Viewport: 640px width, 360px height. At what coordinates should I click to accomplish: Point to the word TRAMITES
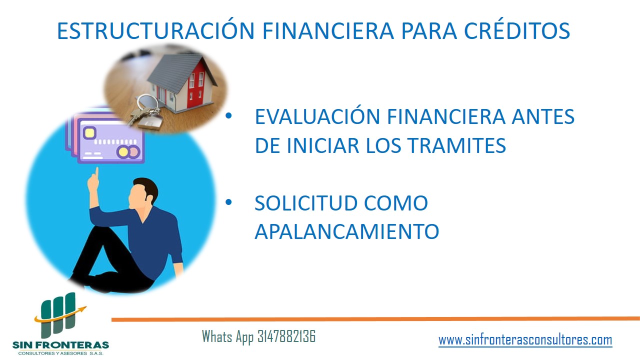456,145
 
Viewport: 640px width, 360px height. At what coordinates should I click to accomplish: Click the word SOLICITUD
305,203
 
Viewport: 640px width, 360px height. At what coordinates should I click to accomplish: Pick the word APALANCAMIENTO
346,231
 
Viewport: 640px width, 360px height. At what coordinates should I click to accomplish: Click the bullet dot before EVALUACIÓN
228,115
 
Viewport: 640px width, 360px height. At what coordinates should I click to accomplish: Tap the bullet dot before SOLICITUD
228,202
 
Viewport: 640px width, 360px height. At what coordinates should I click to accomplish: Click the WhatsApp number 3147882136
286,336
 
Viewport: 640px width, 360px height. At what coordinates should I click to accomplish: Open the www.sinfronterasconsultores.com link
525,340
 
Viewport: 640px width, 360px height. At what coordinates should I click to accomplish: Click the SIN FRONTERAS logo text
60,344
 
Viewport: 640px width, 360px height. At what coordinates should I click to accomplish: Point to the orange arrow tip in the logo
85,307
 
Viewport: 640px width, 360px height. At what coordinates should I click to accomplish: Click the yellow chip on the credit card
89,133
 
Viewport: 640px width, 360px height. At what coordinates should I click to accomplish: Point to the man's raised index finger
96,173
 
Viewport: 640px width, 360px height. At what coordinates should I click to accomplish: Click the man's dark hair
147,187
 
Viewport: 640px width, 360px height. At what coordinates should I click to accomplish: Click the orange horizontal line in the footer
375,319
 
